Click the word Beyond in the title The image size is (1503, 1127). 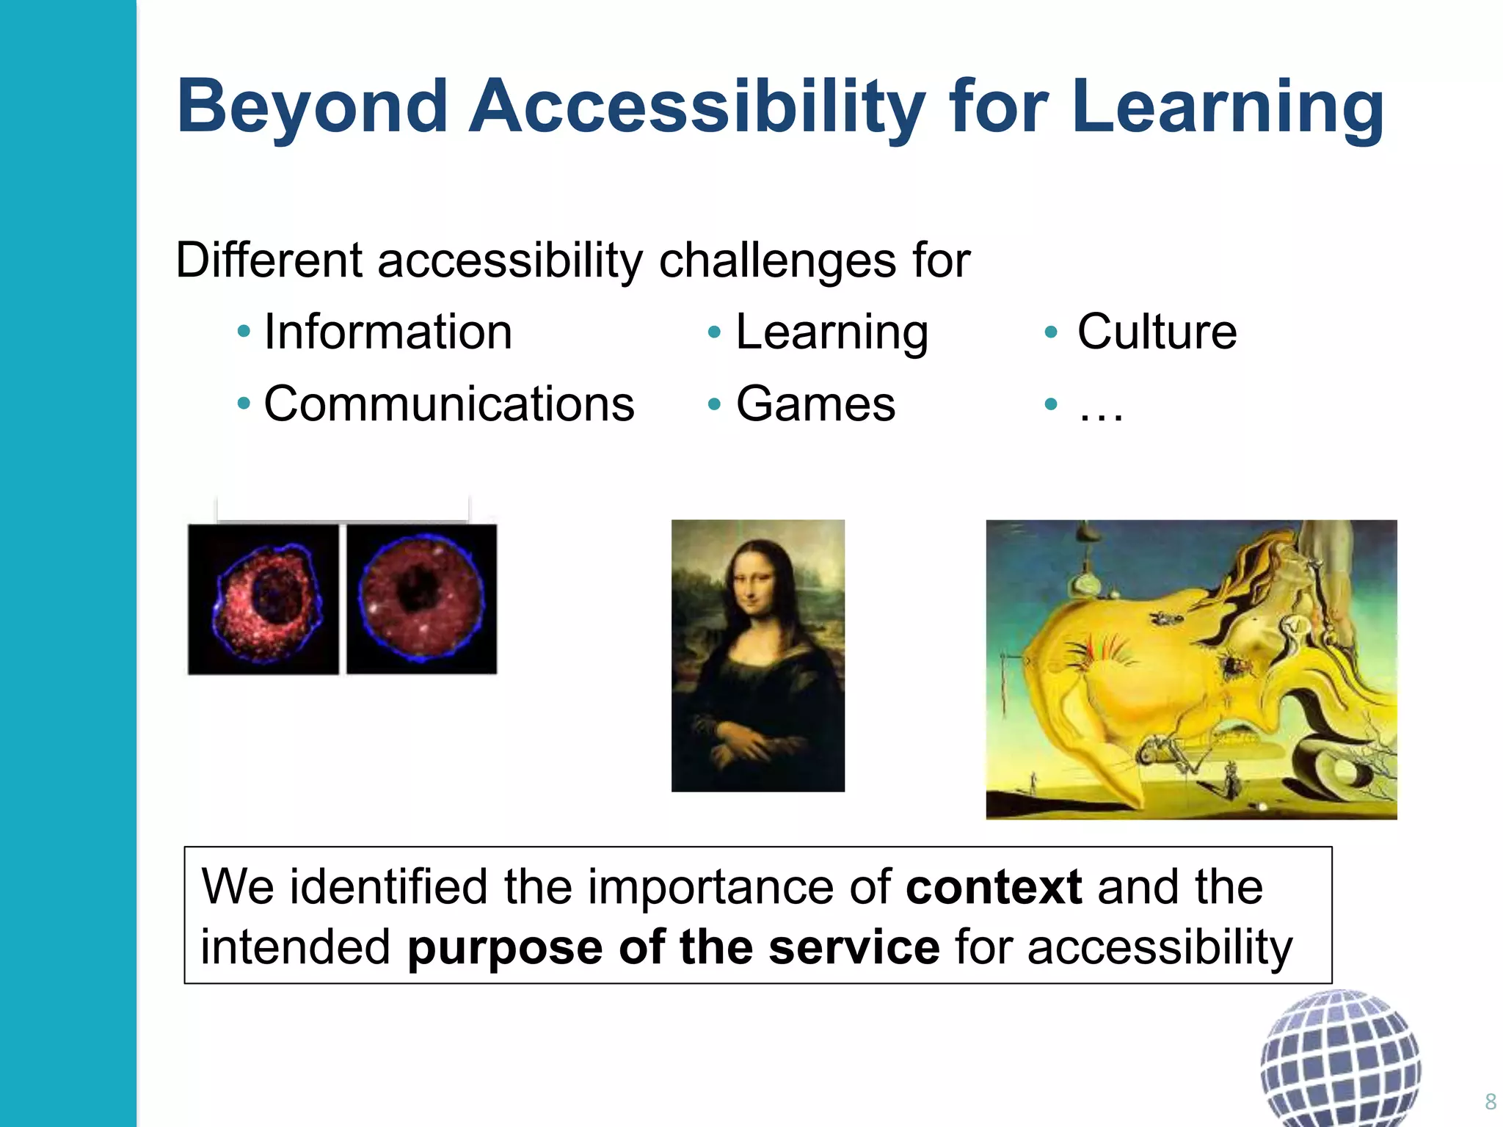312,108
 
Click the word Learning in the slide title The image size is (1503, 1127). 1227,108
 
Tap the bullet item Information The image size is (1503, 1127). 387,332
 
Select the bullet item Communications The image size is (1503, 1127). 448,404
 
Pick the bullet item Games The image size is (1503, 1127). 815,404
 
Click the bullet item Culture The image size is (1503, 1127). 1157,332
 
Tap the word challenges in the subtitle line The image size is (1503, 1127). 778,260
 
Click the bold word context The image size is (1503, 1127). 994,887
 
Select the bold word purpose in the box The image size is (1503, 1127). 505,948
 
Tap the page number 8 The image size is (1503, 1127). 1490,1101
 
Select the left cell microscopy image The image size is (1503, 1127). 263,599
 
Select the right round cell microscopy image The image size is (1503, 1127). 421,599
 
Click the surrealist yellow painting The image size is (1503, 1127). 1190,669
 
